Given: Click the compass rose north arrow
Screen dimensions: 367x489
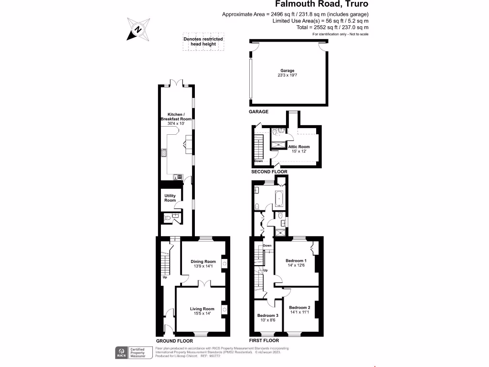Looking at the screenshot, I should (x=138, y=29).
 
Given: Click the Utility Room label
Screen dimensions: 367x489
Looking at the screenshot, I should (x=170, y=198).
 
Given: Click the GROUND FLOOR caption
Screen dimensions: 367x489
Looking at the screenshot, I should (x=174, y=341).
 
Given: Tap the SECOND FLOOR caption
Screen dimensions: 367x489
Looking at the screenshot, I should (x=269, y=171).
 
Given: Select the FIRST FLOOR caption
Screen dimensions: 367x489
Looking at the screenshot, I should (x=264, y=341).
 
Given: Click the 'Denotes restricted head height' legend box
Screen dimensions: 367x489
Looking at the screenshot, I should (x=203, y=42).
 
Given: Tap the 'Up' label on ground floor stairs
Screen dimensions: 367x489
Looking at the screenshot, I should (x=165, y=277).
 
